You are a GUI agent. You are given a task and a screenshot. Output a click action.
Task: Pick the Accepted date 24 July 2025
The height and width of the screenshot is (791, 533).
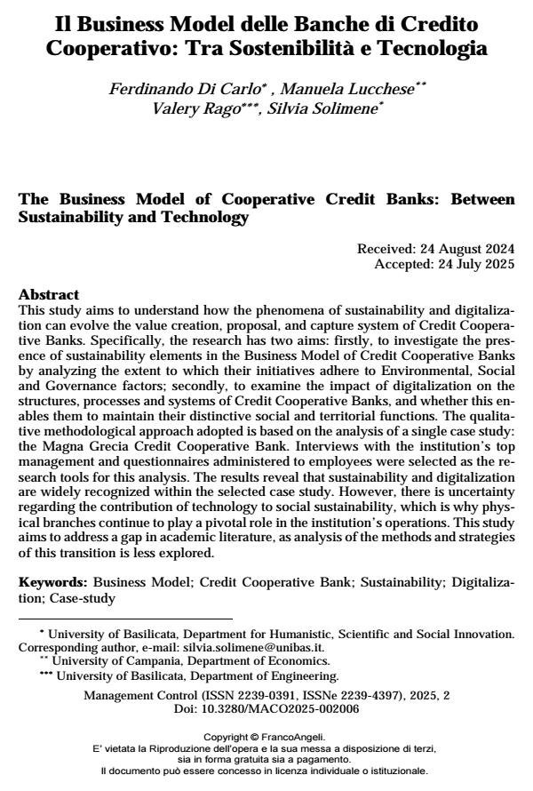click(x=468, y=264)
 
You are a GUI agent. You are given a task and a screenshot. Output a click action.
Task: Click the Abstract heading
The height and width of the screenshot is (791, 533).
click(x=49, y=294)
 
